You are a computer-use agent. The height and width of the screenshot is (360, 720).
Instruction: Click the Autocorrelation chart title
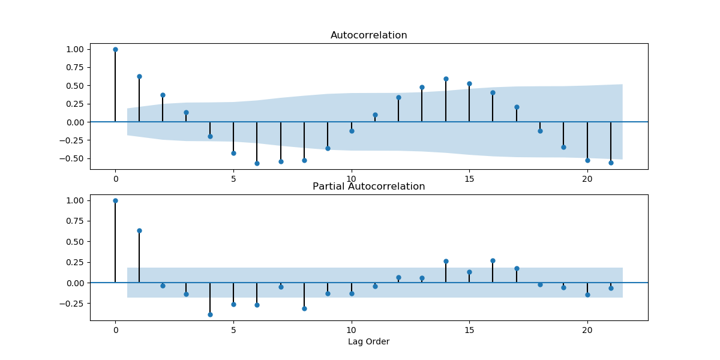pyautogui.click(x=368, y=35)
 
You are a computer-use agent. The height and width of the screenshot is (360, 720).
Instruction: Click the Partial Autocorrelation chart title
pyautogui.click(x=368, y=187)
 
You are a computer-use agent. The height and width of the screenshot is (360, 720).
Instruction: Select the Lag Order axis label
pyautogui.click(x=368, y=342)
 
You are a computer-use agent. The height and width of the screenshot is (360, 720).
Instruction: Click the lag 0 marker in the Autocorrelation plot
pyautogui.click(x=115, y=49)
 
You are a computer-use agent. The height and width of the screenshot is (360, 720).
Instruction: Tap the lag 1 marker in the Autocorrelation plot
pyautogui.click(x=139, y=76)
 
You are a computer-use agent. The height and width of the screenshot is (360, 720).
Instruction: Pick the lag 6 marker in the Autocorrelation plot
pyautogui.click(x=257, y=163)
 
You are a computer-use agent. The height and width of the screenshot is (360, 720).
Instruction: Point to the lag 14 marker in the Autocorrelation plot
pyautogui.click(x=446, y=79)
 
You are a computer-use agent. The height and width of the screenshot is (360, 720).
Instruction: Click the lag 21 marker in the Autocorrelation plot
pyautogui.click(x=611, y=163)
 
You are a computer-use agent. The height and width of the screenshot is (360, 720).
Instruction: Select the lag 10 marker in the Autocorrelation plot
pyautogui.click(x=352, y=131)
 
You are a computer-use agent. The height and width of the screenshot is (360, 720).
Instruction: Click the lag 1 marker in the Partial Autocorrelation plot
pyautogui.click(x=139, y=230)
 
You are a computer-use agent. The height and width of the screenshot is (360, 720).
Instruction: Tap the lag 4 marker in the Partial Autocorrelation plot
pyautogui.click(x=210, y=314)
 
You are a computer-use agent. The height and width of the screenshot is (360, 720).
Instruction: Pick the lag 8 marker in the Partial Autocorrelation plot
pyautogui.click(x=304, y=308)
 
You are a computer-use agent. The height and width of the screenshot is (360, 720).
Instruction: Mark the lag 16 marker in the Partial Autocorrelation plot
pyautogui.click(x=493, y=260)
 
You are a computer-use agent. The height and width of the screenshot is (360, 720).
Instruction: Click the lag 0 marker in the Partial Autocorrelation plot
pyautogui.click(x=115, y=200)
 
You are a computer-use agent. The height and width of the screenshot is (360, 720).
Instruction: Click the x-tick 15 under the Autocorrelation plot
pyautogui.click(x=469, y=179)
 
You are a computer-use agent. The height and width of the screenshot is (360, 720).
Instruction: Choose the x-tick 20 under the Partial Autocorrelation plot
pyautogui.click(x=587, y=330)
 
